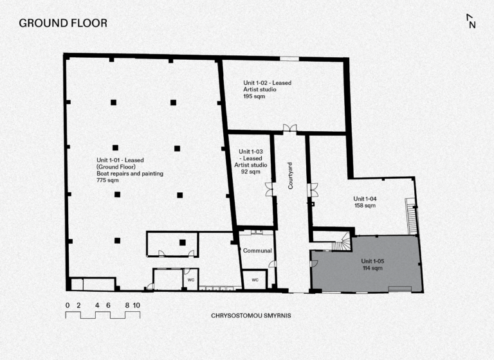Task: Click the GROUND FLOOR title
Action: (x=63, y=23)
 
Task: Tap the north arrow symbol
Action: (x=471, y=21)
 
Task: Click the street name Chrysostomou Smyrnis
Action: (x=251, y=315)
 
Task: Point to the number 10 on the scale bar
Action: (x=136, y=305)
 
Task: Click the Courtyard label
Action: (x=290, y=175)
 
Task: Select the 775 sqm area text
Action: (x=107, y=180)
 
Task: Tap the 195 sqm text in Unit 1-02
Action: (x=254, y=96)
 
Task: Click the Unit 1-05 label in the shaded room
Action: (x=372, y=261)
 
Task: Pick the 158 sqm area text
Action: (x=365, y=206)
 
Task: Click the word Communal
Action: (x=257, y=251)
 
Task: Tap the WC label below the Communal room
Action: (x=255, y=280)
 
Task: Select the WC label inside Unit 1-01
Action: (x=191, y=280)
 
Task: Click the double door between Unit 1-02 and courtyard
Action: (x=289, y=128)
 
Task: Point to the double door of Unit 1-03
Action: (x=269, y=189)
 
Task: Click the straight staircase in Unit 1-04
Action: (x=411, y=217)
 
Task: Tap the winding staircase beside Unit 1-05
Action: (x=342, y=242)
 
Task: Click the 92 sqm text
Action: (x=251, y=172)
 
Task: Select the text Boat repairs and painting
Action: (x=130, y=174)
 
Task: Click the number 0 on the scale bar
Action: (x=68, y=305)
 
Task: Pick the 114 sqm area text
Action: (x=372, y=268)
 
